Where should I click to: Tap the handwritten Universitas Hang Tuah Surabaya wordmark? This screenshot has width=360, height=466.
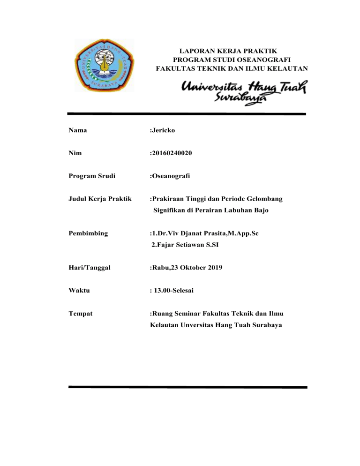point(244,91)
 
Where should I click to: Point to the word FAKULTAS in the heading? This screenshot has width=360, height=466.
point(176,69)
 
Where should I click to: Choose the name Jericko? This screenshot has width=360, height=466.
point(163,130)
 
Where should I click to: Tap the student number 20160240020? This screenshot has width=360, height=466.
point(173,152)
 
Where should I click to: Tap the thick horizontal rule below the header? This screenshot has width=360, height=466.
point(186,114)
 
